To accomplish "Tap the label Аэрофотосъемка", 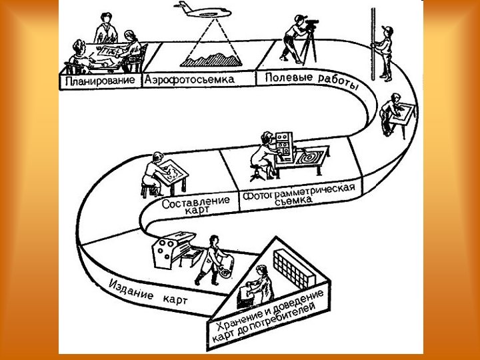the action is (189, 79).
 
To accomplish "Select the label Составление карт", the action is (196, 203).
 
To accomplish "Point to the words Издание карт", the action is (147, 293).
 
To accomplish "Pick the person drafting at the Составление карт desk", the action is (155, 171).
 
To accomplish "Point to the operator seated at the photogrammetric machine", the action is (261, 155).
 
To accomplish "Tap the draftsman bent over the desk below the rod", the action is (393, 114).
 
